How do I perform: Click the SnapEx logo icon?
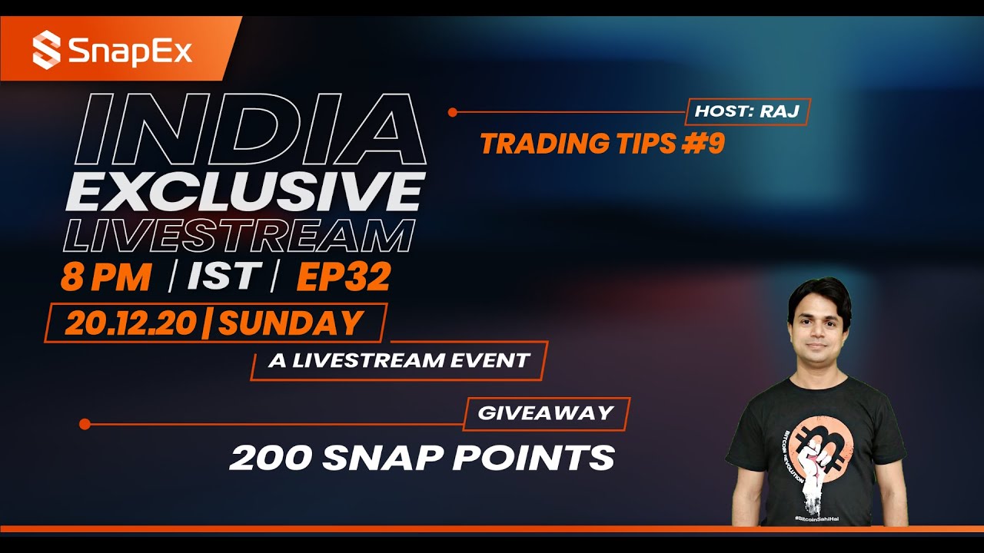click(x=46, y=49)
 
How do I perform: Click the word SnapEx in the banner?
click(x=130, y=51)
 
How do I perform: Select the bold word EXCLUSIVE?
click(x=244, y=191)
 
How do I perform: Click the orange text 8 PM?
click(x=106, y=278)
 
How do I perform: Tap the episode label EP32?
click(x=343, y=278)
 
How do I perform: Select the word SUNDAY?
click(x=290, y=323)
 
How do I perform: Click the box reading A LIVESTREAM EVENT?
click(x=398, y=360)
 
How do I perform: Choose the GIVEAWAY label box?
click(x=546, y=413)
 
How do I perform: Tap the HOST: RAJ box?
click(x=747, y=111)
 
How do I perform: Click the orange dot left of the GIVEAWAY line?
click(x=85, y=424)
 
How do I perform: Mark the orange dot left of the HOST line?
click(x=453, y=112)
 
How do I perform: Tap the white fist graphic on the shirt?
click(x=817, y=469)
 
